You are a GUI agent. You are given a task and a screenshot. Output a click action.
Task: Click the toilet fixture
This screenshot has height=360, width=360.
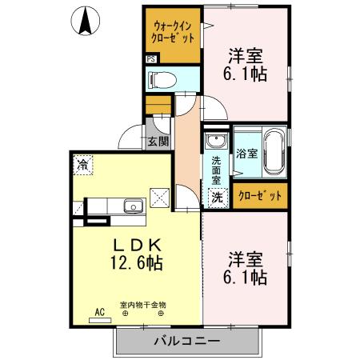coord(162,78)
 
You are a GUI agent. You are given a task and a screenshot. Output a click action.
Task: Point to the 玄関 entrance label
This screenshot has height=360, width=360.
coord(158,142)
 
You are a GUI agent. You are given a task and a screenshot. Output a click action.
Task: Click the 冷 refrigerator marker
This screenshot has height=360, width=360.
coord(82,165)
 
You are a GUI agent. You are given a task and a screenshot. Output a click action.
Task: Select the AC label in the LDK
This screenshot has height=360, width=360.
coord(100,310)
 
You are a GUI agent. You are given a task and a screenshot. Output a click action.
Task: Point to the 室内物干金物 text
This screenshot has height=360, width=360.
coord(142,305)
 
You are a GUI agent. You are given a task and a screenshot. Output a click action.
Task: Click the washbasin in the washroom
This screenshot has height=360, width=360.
coord(215,142)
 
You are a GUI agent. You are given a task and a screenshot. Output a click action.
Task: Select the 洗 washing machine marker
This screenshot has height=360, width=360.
coord(216,195)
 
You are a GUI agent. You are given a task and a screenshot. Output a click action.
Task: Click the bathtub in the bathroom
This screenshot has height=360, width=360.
coord(274,153)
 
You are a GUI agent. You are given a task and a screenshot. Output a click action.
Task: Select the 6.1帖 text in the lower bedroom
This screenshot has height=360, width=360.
coord(246,278)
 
